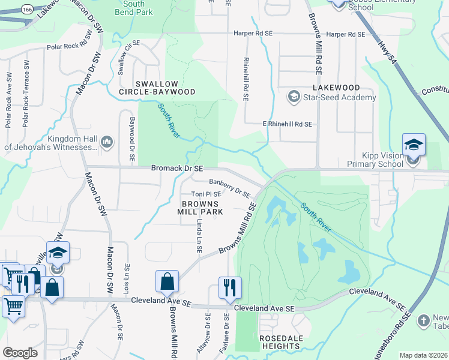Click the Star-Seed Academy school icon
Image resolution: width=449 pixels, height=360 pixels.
[x=294, y=96]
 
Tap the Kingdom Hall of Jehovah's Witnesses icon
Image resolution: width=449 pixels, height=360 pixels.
[x=107, y=142]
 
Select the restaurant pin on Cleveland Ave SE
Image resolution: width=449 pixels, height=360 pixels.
[x=230, y=289]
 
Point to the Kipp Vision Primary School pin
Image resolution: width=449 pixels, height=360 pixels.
[x=413, y=146]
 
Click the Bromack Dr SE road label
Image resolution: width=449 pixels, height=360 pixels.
[x=177, y=170]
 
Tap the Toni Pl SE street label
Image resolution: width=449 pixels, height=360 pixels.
[x=206, y=194]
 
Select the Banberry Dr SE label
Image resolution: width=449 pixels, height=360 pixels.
[x=229, y=187]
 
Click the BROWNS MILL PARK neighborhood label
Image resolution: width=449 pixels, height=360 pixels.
[x=200, y=208]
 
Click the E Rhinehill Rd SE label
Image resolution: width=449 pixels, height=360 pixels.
[x=288, y=124]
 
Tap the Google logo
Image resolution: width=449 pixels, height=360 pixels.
[x=20, y=352]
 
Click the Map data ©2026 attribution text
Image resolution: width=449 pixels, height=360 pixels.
[x=423, y=355]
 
